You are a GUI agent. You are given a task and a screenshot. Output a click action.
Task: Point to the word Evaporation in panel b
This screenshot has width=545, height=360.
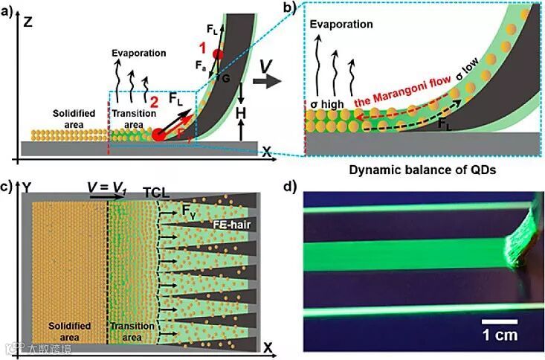click(342, 24)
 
